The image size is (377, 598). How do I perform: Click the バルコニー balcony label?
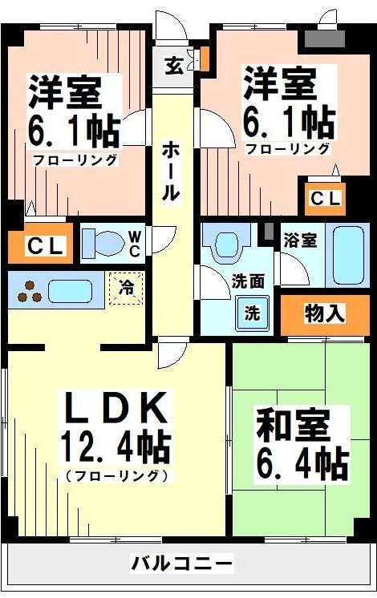(x=182, y=563)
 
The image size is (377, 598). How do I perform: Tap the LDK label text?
(x=116, y=409)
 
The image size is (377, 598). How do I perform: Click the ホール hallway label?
(x=170, y=171)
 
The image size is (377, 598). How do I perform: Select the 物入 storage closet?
(x=325, y=313)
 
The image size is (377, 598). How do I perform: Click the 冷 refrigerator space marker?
(x=127, y=287)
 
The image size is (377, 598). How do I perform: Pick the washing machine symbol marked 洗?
(x=252, y=313)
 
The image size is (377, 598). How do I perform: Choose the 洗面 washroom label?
(x=248, y=281)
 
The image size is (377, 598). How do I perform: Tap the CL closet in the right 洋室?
(x=324, y=197)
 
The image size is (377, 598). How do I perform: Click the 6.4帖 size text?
(x=301, y=463)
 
